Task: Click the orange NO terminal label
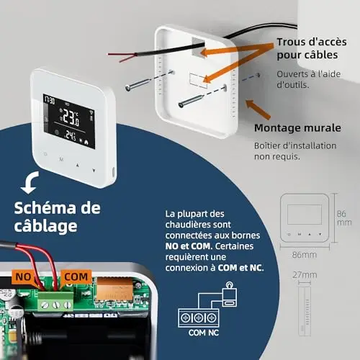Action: (x=23, y=276)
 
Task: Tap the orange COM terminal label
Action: (x=76, y=276)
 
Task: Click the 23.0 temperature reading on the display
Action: (x=71, y=118)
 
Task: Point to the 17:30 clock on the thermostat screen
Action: (x=49, y=100)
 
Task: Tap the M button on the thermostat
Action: (x=61, y=159)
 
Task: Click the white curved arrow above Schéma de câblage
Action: (x=30, y=183)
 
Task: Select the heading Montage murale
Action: (x=297, y=128)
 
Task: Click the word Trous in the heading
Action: (x=291, y=42)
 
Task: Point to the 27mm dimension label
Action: (x=305, y=275)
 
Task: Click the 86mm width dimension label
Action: (x=305, y=255)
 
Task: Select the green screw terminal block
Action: (x=55, y=302)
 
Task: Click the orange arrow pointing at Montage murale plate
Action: (x=258, y=109)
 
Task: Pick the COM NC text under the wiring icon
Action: (x=204, y=333)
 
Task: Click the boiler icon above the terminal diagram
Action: (x=230, y=294)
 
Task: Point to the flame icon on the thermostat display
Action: (x=86, y=143)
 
